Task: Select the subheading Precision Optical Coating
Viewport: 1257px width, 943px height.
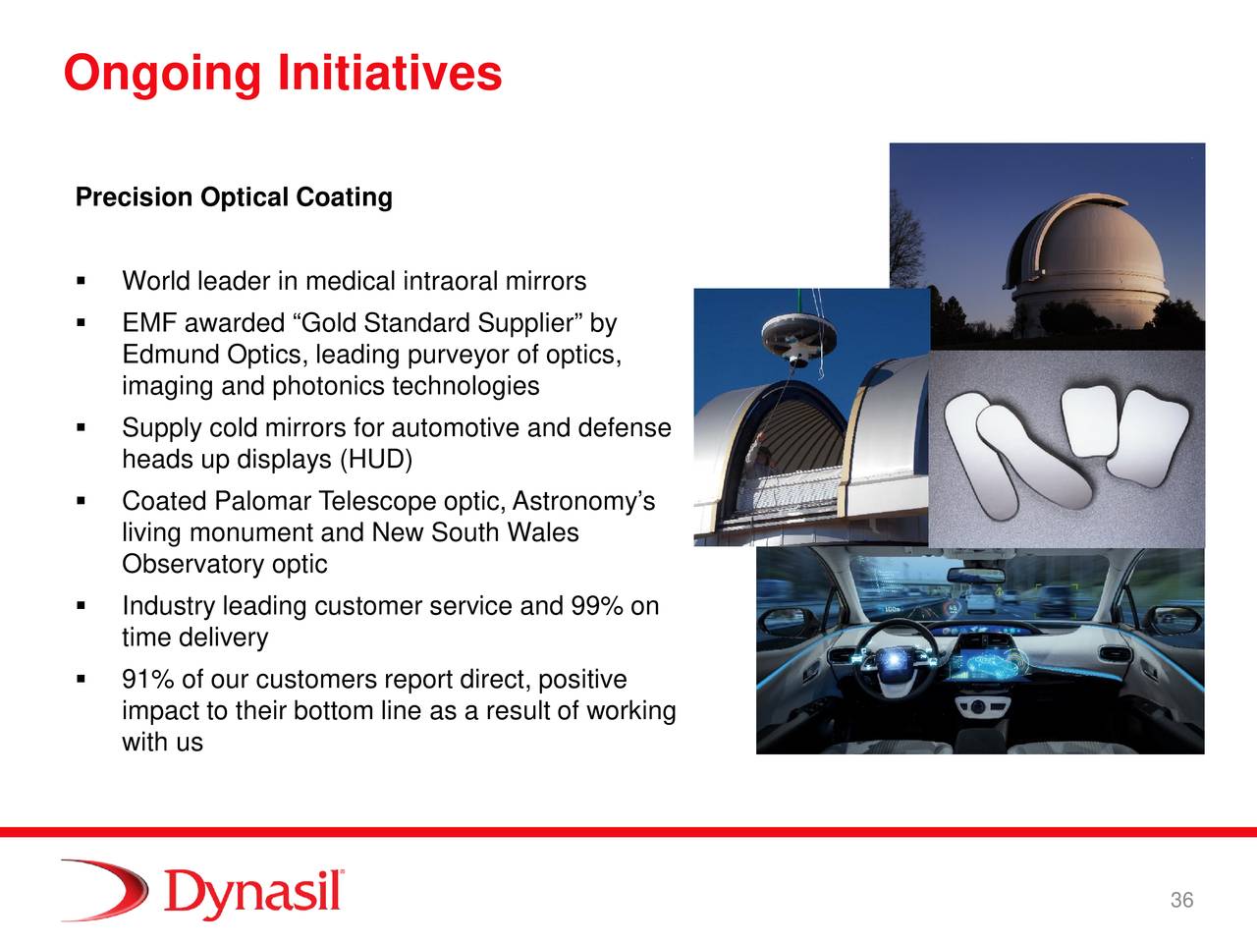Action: [234, 197]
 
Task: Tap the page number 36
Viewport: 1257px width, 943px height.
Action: [1181, 900]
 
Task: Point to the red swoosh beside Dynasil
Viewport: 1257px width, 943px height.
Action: [105, 890]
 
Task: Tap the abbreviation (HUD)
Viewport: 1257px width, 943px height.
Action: [376, 460]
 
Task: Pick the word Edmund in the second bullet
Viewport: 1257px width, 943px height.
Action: [171, 355]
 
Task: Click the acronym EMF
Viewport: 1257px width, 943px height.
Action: [149, 323]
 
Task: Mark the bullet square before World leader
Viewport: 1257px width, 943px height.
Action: [81, 281]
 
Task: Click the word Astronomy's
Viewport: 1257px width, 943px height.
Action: [583, 501]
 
